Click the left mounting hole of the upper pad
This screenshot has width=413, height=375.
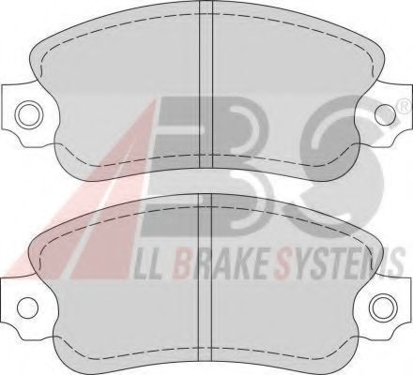point(30,114)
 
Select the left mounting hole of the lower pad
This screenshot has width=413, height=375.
point(27,307)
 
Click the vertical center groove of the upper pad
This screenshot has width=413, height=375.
point(206,83)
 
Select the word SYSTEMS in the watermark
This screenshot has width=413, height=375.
point(339,263)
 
